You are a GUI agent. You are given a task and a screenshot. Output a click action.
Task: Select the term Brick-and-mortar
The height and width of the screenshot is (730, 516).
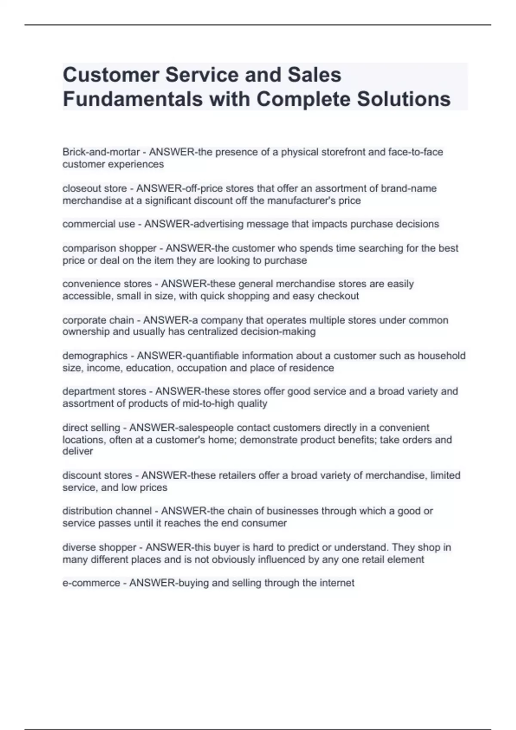pyautogui.click(x=101, y=152)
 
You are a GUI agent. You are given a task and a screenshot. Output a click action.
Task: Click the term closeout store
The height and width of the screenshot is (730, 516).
pyautogui.click(x=95, y=189)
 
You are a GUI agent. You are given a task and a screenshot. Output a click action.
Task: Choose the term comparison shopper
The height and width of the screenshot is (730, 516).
pyautogui.click(x=109, y=248)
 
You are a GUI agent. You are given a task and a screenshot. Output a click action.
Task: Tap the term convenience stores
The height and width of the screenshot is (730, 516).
pyautogui.click(x=107, y=284)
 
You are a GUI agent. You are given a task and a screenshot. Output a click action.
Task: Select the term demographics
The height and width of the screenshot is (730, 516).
pyautogui.click(x=95, y=356)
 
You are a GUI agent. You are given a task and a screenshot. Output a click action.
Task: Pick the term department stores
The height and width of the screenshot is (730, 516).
pyautogui.click(x=104, y=392)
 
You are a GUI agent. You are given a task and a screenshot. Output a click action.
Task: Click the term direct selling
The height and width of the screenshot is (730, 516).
pyautogui.click(x=91, y=428)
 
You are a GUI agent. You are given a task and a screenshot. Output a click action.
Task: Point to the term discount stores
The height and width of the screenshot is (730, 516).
pyautogui.click(x=97, y=475)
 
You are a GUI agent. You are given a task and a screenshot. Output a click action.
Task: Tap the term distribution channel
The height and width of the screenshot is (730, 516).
pyautogui.click(x=107, y=511)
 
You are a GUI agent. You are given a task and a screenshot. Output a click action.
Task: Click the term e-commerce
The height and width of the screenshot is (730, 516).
pyautogui.click(x=91, y=583)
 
